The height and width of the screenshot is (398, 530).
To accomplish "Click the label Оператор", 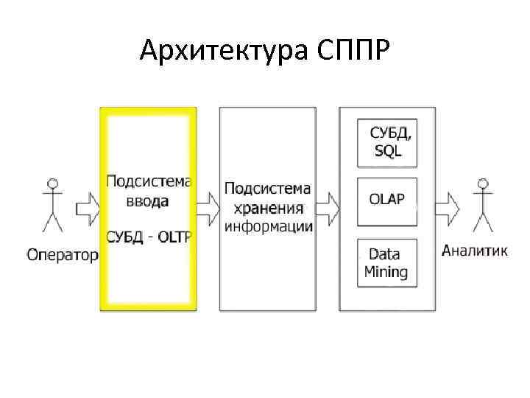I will (63, 255).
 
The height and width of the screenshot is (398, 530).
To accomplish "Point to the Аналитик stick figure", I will (482, 204).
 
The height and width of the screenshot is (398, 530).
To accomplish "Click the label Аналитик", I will (475, 251).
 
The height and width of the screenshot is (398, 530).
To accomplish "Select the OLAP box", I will (386, 200).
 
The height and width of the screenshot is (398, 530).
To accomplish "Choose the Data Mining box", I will (386, 262).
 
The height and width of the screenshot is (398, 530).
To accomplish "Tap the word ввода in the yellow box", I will (148, 200).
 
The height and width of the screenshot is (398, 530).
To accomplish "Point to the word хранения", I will (267, 207).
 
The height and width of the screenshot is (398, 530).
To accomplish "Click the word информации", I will (268, 226).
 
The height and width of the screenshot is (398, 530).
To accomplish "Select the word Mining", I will (386, 271).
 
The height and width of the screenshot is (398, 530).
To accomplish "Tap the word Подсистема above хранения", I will (267, 189).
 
